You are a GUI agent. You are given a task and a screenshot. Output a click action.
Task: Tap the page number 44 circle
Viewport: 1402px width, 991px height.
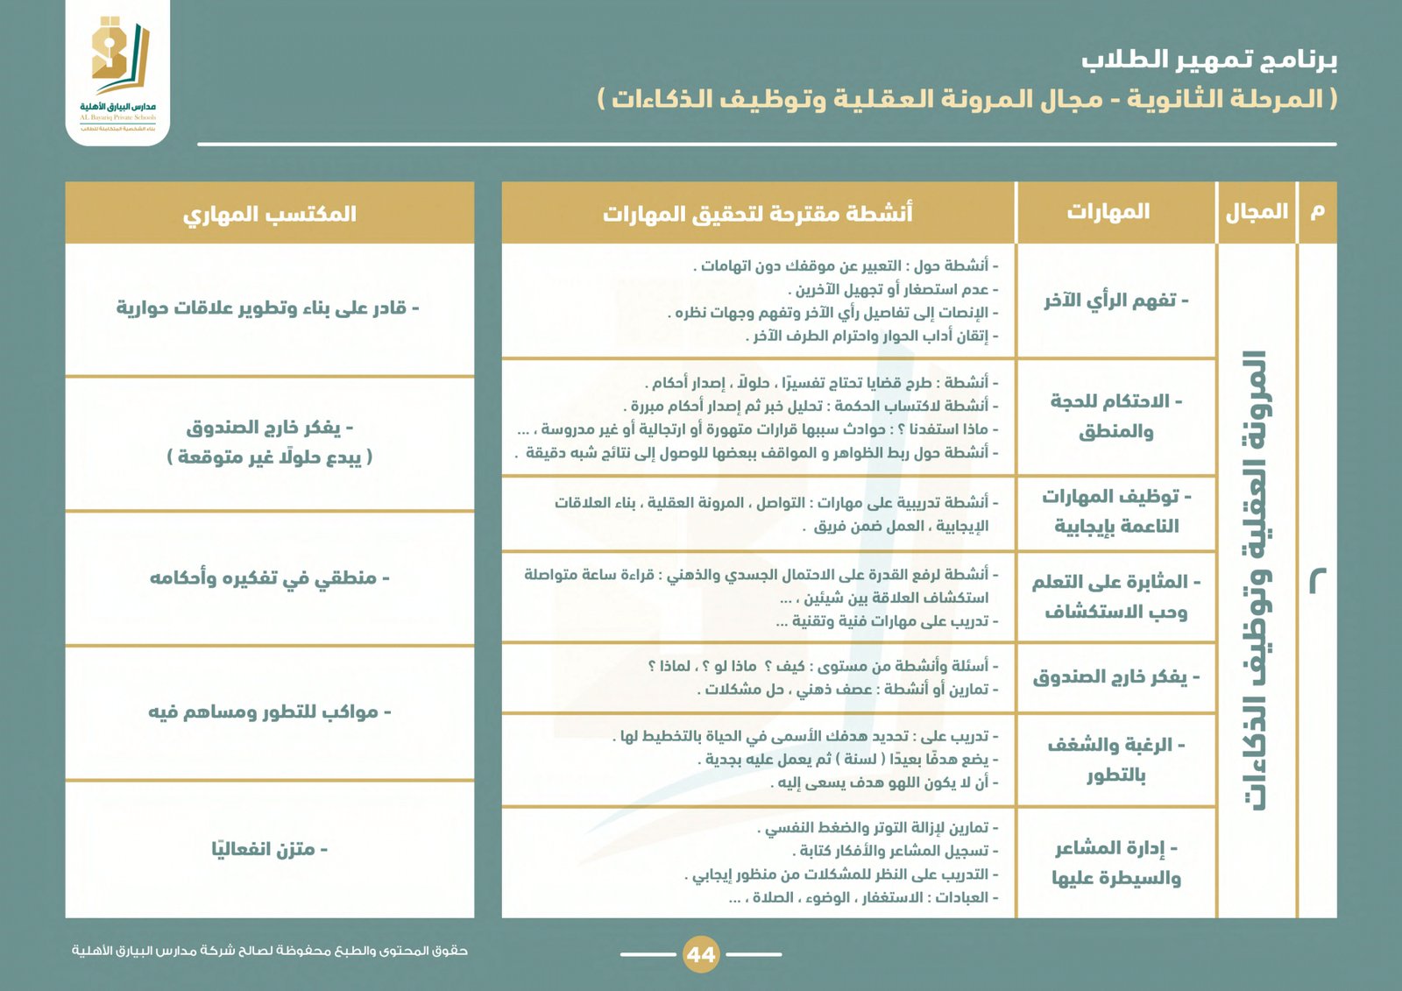point(700,954)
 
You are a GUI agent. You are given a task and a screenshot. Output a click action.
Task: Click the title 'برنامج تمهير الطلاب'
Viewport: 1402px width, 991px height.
point(1208,60)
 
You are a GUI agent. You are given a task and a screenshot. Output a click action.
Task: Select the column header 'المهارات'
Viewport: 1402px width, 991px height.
point(1108,212)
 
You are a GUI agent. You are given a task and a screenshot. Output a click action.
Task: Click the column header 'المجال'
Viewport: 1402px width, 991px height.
point(1257,212)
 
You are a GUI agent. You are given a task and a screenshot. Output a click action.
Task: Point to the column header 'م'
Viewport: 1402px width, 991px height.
point(1317,212)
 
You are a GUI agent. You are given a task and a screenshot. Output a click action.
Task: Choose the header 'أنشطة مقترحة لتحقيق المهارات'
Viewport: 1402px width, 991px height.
point(757,213)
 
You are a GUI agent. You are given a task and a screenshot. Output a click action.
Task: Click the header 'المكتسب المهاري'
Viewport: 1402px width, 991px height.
point(269,214)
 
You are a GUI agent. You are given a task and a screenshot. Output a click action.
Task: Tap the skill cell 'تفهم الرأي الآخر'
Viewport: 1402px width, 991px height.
point(1115,301)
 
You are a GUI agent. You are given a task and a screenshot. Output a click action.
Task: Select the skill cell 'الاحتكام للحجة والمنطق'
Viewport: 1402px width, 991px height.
point(1115,416)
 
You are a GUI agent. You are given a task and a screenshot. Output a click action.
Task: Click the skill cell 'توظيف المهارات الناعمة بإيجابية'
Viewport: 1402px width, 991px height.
point(1115,512)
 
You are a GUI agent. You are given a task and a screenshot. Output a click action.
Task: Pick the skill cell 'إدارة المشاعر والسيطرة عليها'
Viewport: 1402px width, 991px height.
point(1115,863)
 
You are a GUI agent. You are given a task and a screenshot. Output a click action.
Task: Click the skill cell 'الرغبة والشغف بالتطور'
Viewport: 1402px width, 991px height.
point(1115,760)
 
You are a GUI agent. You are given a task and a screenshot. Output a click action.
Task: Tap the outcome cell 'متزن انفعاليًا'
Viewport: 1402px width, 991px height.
point(269,849)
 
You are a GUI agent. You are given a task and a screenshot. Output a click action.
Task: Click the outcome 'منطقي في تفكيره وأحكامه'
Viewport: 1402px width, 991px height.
point(269,578)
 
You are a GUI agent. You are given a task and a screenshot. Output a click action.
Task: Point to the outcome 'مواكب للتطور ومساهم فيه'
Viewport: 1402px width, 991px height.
point(269,711)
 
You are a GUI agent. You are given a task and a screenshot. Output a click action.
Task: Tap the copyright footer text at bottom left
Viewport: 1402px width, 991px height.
point(269,951)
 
